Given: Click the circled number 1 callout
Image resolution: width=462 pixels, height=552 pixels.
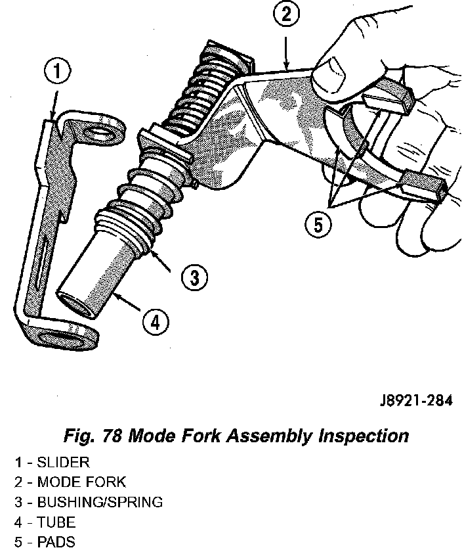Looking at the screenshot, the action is coord(57,72).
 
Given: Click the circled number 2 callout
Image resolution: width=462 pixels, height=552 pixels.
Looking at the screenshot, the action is coord(286,14).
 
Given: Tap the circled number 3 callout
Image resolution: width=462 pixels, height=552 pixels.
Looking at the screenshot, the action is coord(194,277).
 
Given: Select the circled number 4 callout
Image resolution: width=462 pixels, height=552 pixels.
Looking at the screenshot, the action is coord(156,322).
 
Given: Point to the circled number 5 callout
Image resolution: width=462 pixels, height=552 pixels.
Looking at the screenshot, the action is coord(318,225).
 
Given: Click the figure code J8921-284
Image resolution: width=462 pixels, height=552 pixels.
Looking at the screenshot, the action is coord(416,401).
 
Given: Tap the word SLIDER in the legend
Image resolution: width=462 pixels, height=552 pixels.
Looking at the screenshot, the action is coord(63,462).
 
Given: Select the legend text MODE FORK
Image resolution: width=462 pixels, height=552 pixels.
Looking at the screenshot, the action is coord(81,482).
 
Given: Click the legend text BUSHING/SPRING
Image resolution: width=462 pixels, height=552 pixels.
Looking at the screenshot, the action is coord(100,502).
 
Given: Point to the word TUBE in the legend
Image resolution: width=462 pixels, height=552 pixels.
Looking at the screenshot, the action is coord(56,522).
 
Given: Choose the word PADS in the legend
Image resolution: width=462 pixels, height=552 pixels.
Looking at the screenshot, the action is coord(56,541).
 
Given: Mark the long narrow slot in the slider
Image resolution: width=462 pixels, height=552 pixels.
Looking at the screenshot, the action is coord(41,262).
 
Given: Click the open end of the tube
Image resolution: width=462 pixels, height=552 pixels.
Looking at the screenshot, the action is coord(74,304).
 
